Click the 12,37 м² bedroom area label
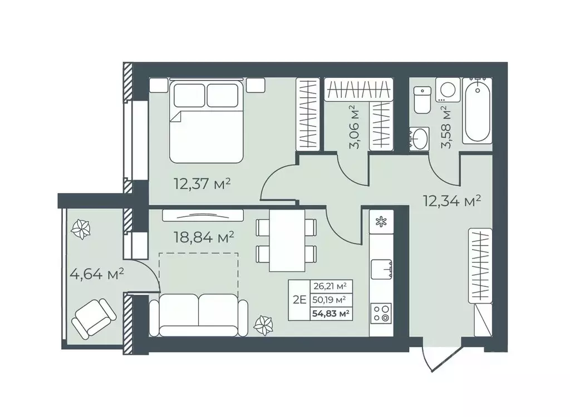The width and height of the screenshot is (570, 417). click(x=203, y=184)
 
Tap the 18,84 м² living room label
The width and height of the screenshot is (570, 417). click(x=204, y=237)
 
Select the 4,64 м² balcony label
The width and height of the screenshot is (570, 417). click(x=97, y=274)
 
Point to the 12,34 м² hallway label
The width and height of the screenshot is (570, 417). click(x=452, y=200)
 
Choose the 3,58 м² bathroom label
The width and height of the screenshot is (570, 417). click(x=445, y=127)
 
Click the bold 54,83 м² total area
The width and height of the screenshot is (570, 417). click(x=331, y=313)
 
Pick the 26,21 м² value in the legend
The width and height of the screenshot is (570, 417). click(x=330, y=286)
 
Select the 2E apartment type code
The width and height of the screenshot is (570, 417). click(x=299, y=300)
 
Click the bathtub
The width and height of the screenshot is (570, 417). click(x=477, y=111)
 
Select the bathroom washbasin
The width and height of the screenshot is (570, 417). click(x=420, y=138)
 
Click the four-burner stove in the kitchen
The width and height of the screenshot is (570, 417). click(x=381, y=313)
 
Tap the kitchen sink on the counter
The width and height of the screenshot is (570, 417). click(x=381, y=270)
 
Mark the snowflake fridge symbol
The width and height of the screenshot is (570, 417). click(x=381, y=222)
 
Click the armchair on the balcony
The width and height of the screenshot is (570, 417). click(x=94, y=319)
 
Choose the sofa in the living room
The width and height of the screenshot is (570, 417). click(x=199, y=315)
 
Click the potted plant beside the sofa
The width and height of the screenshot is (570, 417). click(x=263, y=324)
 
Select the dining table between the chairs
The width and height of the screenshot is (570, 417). click(x=287, y=240)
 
